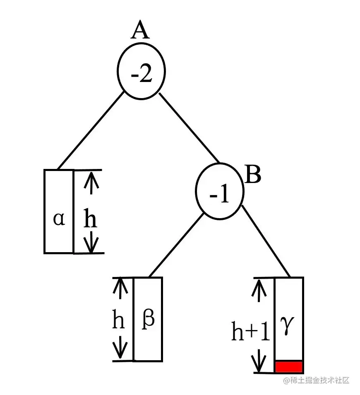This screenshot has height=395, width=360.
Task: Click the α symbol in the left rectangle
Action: click(x=59, y=219)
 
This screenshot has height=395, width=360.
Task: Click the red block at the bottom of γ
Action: click(x=289, y=367)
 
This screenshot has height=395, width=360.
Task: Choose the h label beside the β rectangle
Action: click(x=119, y=321)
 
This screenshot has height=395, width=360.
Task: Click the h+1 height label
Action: click(x=250, y=332)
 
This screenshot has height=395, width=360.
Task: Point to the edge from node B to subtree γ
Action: click(x=265, y=240)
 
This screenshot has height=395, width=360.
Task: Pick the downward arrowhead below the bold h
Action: click(x=91, y=246)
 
